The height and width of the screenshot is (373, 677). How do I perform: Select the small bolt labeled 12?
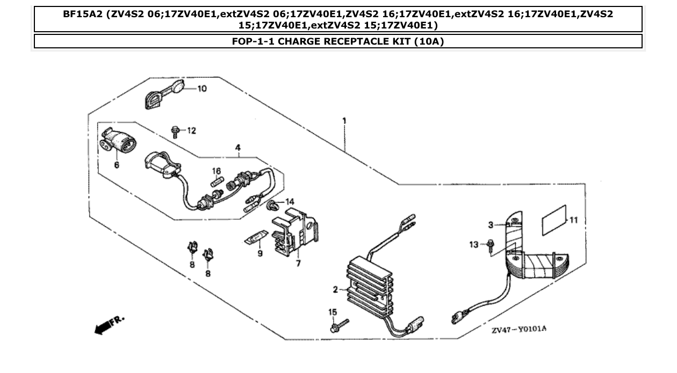174,131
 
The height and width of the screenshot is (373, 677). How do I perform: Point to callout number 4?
237,147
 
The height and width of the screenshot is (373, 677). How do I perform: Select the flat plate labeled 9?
256,237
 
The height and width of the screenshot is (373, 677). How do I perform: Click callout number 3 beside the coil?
490,224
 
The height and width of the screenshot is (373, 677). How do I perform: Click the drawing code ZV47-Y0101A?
518,329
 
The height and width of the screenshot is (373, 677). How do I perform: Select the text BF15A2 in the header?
83,15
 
